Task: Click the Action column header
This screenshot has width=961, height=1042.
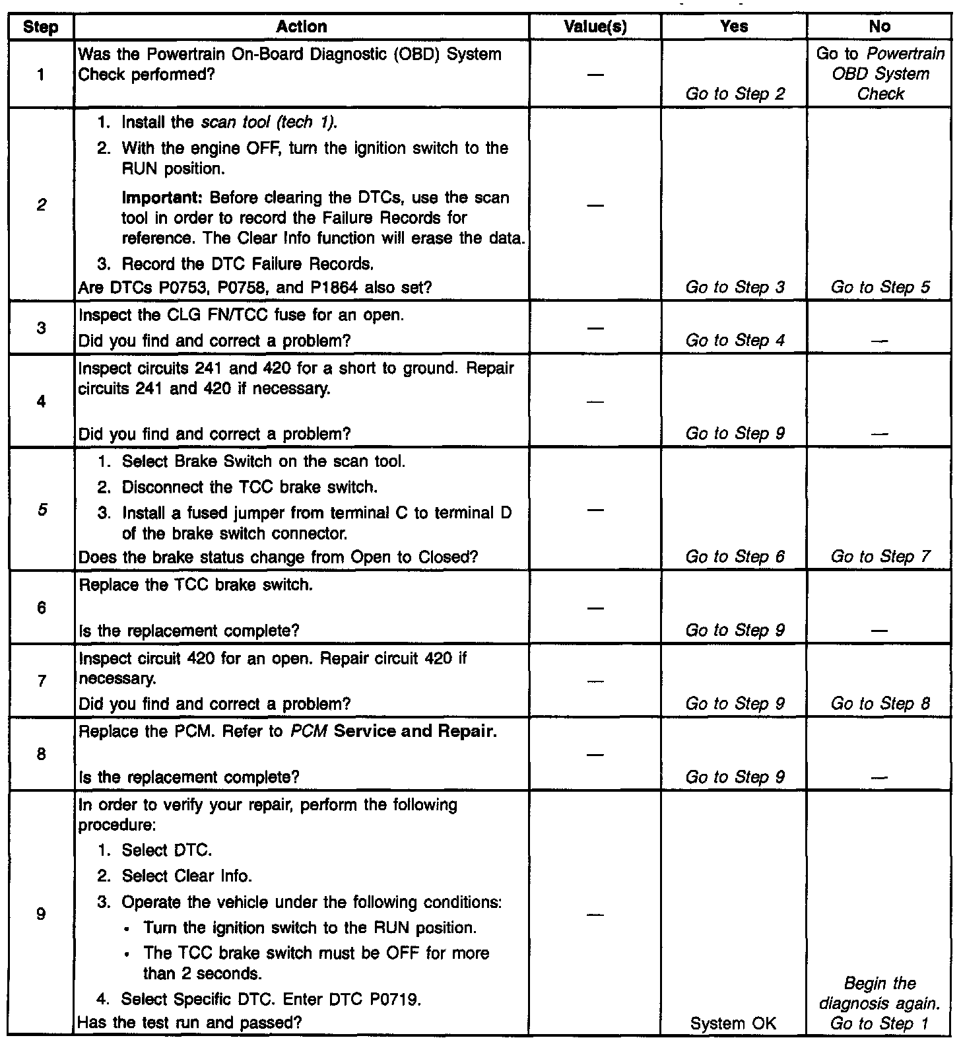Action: point(302,27)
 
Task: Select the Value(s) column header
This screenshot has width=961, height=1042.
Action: point(595,27)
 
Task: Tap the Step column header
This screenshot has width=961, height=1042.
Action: point(41,27)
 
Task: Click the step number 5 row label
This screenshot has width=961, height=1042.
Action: point(41,510)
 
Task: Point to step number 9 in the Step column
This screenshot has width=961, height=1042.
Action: point(41,915)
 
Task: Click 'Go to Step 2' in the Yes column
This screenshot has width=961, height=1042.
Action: point(735,94)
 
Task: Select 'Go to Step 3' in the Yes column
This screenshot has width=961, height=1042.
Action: point(735,287)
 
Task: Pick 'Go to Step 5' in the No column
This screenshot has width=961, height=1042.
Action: point(880,287)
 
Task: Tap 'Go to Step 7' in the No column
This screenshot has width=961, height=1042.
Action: point(880,557)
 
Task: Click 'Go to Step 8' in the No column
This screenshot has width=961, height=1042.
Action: point(880,704)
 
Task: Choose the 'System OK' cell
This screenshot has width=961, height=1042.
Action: point(733,1024)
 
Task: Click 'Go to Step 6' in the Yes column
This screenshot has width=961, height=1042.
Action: point(735,557)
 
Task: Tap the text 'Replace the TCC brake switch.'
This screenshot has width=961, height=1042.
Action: point(195,586)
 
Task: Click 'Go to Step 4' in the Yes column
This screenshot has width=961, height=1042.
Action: point(735,341)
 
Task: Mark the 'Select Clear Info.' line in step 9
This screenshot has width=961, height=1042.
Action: point(187,876)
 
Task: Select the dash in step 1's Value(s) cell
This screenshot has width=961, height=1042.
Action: point(595,75)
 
